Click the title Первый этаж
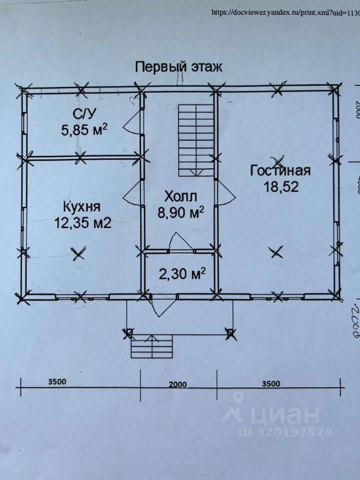178,66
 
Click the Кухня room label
82,206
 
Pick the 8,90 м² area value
180,212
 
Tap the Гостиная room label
280,170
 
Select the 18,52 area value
280,186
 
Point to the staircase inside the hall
196,138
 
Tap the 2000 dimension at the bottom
177,384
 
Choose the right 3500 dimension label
270,384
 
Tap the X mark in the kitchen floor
77,254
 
